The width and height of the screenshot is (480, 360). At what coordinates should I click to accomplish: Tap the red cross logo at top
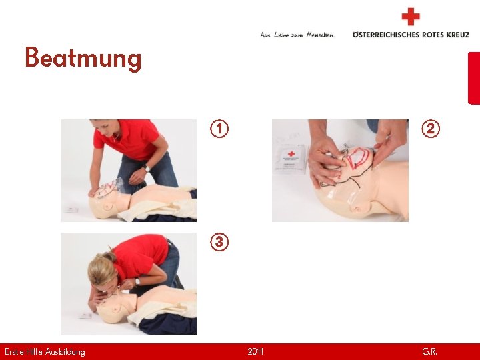coord(411,17)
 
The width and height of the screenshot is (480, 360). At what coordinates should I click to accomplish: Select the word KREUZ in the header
coord(457,35)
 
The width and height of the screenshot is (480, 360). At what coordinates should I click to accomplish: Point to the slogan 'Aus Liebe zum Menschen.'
coord(297,35)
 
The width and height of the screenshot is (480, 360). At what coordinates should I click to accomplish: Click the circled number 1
coord(219,129)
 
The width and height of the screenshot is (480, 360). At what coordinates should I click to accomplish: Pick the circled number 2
coord(431,129)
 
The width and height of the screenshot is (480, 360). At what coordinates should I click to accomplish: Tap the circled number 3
coord(219,242)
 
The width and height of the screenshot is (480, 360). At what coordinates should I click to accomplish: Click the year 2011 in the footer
coord(255,351)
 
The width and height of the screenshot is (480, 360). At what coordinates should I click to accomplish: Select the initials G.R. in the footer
coord(429,351)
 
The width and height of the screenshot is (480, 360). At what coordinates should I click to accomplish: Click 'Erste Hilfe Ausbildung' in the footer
coord(45,352)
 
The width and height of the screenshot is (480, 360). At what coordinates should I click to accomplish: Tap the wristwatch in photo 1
coord(147,169)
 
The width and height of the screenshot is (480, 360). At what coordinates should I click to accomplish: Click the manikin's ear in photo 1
coord(108,206)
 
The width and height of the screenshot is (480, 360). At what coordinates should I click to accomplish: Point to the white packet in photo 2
coord(291,159)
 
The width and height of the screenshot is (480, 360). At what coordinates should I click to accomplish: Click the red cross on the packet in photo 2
coord(291,154)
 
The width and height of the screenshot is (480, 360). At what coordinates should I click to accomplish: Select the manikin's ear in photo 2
coord(357,209)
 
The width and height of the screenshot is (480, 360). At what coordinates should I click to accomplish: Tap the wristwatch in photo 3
coord(137,281)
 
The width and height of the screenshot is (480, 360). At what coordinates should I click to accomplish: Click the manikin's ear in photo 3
coord(116,308)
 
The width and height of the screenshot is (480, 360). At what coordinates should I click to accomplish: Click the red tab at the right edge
coord(474,79)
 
